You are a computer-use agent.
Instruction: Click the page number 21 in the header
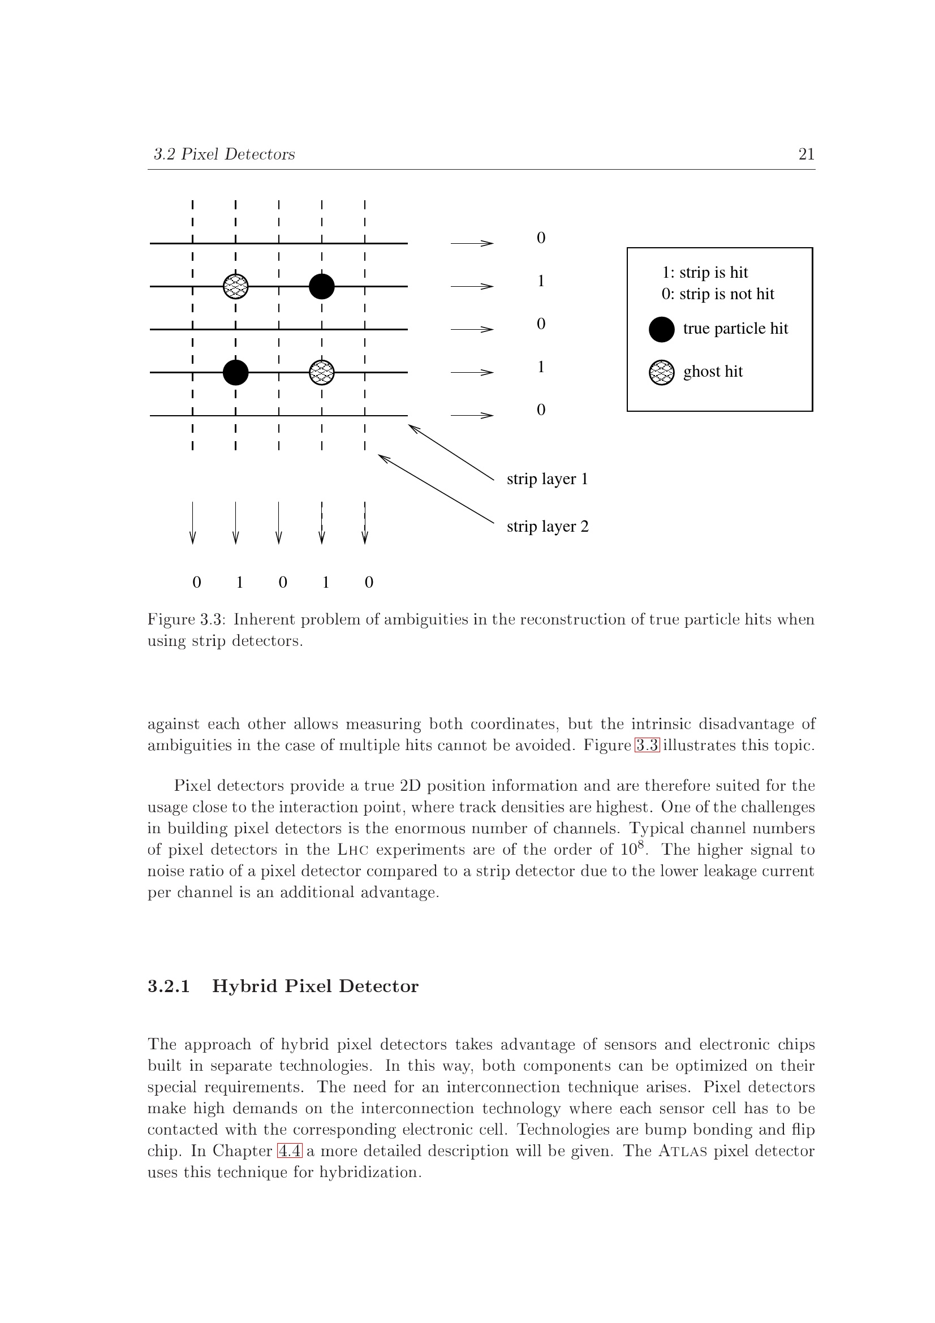tap(806, 154)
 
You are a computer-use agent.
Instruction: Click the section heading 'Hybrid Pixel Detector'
tap(315, 986)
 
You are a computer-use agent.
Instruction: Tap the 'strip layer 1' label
tap(548, 480)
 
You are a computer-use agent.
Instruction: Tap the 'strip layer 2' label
tap(548, 527)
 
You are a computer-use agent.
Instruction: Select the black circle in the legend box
tap(661, 330)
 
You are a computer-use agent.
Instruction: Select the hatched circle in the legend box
tap(661, 372)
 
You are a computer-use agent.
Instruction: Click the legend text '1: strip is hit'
tap(705, 273)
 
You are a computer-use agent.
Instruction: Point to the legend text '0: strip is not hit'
tap(718, 295)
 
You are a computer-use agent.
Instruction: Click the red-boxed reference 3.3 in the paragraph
tap(647, 745)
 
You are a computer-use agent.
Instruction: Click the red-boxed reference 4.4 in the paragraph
tap(290, 1151)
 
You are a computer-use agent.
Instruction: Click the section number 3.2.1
tap(169, 986)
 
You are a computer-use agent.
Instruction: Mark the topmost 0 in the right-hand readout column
tap(541, 238)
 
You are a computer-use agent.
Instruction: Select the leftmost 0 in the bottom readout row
tap(197, 583)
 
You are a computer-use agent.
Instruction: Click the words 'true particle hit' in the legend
tap(736, 329)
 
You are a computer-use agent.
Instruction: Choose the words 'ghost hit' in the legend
tap(713, 372)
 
